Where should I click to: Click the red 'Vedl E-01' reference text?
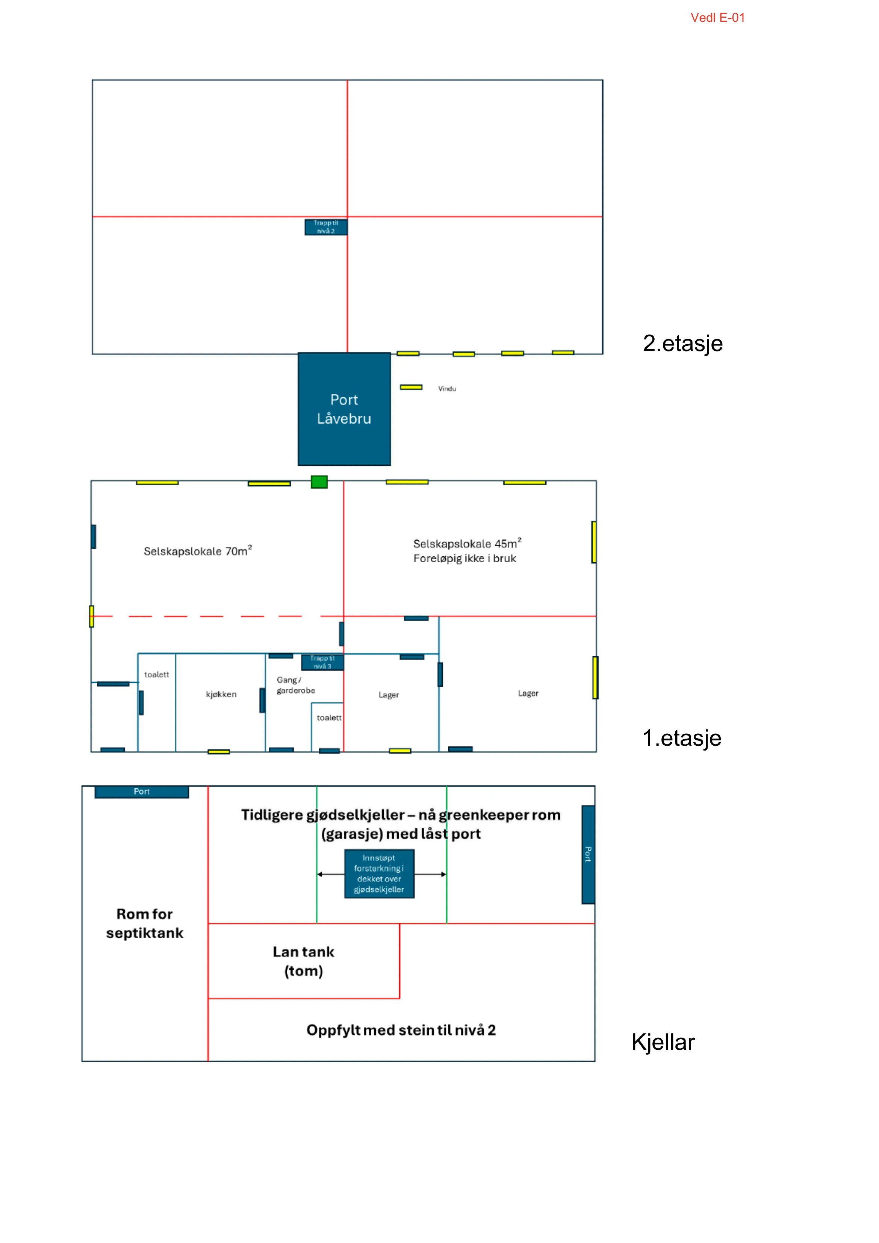point(718,18)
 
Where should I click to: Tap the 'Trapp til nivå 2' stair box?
point(326,227)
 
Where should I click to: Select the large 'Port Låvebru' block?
point(344,409)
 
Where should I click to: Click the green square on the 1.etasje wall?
point(319,482)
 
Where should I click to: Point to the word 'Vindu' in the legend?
point(447,389)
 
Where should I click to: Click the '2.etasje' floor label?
point(682,343)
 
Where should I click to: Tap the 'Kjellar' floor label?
point(663,1042)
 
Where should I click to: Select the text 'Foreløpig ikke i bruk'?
point(465,559)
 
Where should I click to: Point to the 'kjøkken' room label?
point(221,695)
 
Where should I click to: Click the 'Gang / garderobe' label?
point(295,685)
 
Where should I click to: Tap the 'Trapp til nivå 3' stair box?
point(322,662)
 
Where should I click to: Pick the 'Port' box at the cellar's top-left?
point(142,792)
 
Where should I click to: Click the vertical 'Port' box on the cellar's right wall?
point(589,854)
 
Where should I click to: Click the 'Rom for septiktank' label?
point(145,924)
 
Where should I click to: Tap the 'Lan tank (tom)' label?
point(304,961)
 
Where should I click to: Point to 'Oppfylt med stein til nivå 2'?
point(401,1030)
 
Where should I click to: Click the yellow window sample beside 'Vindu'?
point(412,387)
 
